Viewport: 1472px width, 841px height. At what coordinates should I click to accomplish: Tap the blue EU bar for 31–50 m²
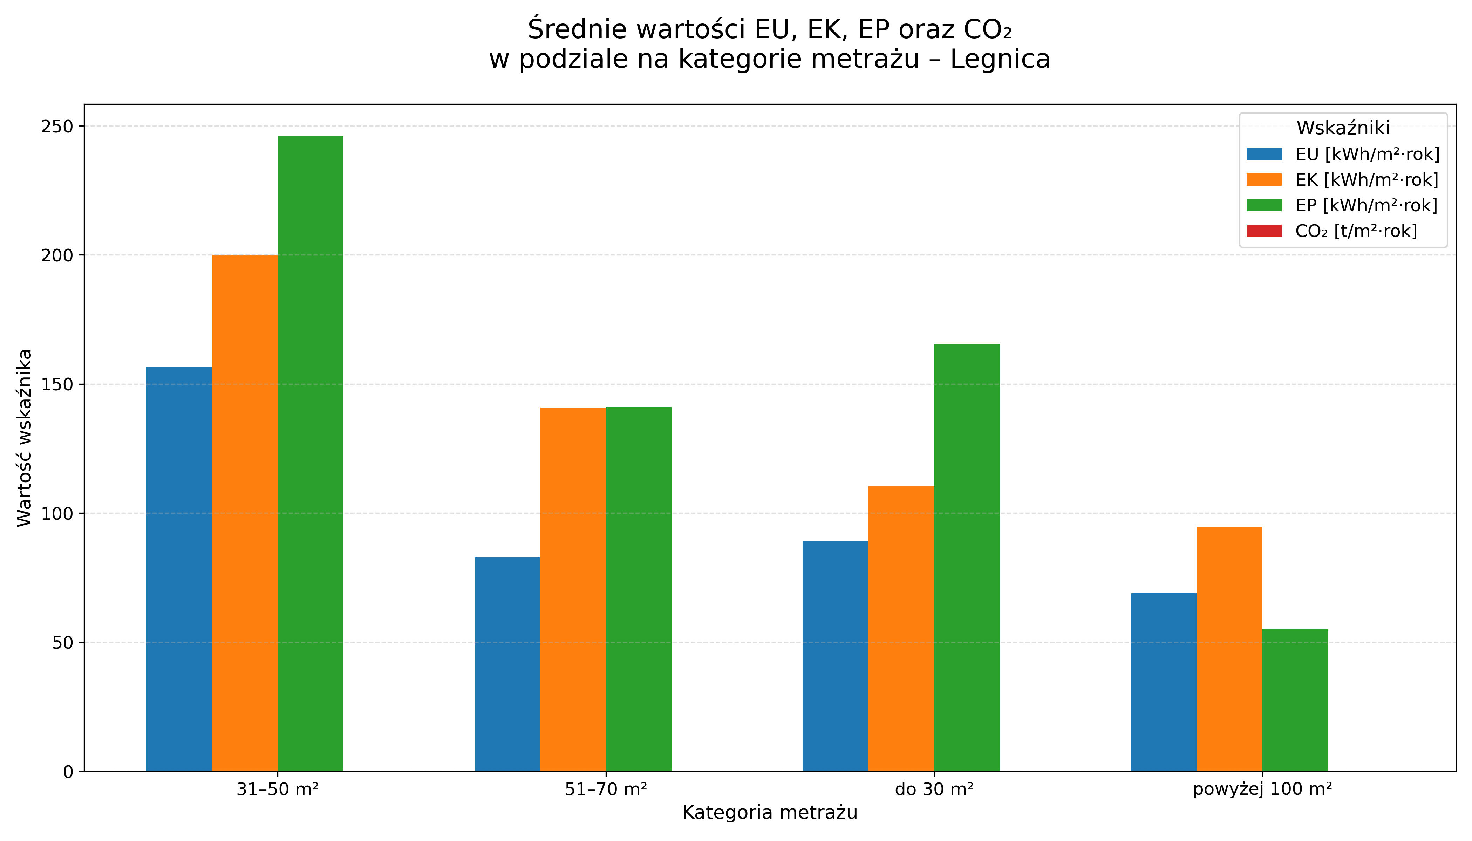[179, 569]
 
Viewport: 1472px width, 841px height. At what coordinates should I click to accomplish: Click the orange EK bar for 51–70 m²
[573, 589]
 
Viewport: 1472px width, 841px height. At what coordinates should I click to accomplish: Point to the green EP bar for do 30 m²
[967, 558]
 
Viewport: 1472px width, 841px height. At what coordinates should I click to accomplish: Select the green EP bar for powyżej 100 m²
[1295, 700]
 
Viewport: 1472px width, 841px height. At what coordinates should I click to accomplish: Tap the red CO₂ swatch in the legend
[1264, 231]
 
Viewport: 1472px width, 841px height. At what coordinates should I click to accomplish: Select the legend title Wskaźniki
[1343, 127]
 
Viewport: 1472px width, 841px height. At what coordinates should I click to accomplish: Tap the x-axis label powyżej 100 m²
[1262, 789]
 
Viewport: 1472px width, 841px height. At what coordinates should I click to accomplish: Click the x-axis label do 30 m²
[934, 789]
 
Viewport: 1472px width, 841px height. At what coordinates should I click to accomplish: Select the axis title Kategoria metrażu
[770, 813]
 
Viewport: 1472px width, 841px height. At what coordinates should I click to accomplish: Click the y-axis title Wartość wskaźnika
[24, 438]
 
